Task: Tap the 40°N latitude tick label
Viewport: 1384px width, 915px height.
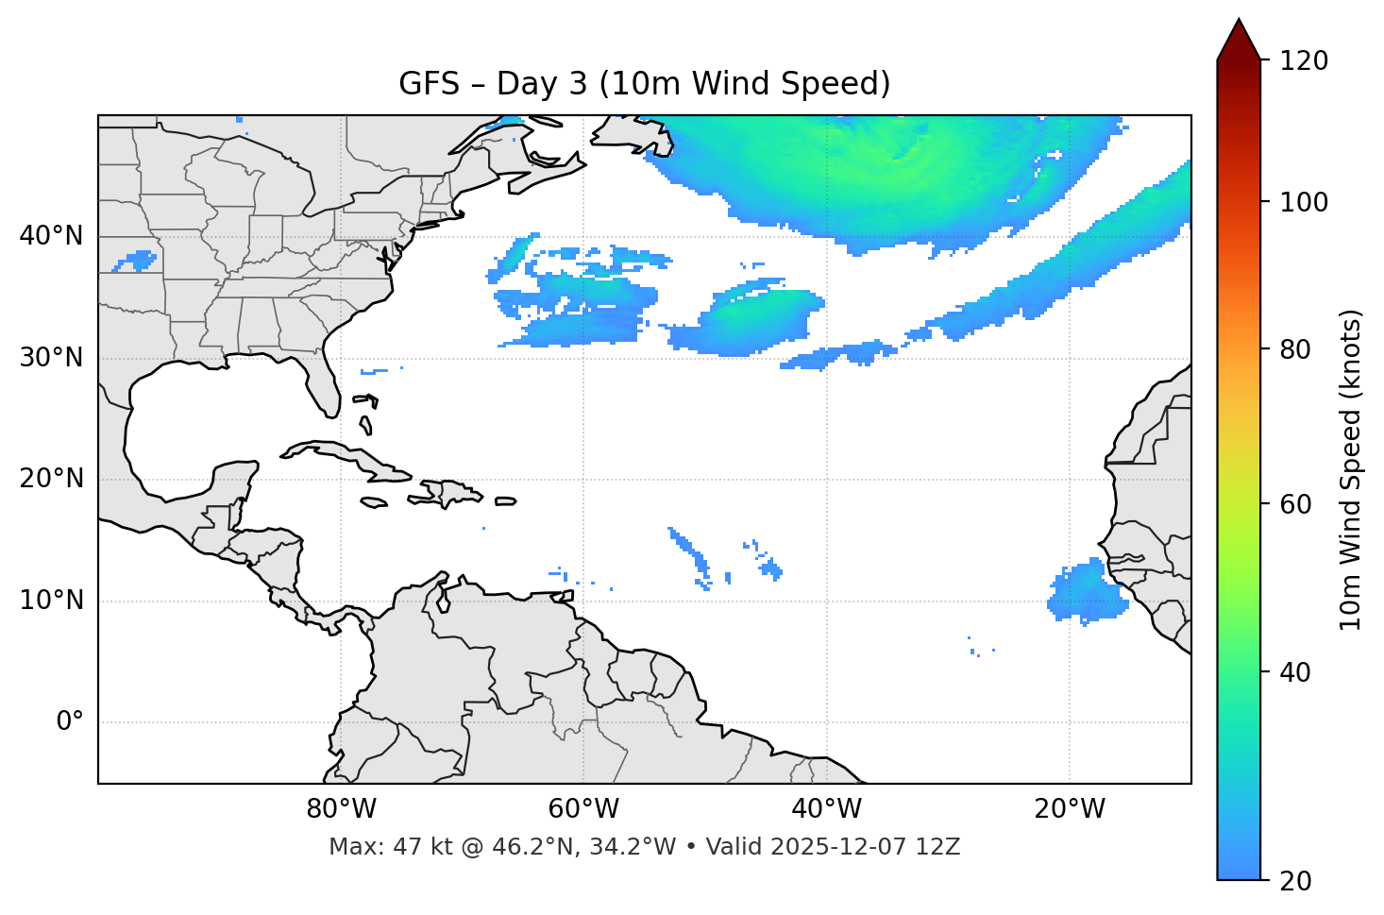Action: pyautogui.click(x=51, y=236)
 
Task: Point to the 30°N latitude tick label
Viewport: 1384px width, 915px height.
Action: pyautogui.click(x=51, y=358)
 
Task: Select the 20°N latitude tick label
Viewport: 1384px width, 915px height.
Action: pyautogui.click(x=51, y=479)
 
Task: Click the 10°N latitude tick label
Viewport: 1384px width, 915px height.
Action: pyautogui.click(x=51, y=601)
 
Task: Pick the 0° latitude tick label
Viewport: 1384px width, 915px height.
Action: pyautogui.click(x=70, y=722)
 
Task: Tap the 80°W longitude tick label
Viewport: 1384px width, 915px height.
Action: pyautogui.click(x=341, y=809)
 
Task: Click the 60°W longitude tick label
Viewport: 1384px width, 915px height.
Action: pyautogui.click(x=583, y=809)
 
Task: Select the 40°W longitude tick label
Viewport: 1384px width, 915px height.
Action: pyautogui.click(x=826, y=809)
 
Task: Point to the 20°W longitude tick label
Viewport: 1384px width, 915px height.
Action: pyautogui.click(x=1069, y=809)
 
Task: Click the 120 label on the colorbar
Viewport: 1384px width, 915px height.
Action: pyautogui.click(x=1304, y=61)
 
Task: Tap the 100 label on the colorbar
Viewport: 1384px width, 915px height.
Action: pyautogui.click(x=1304, y=202)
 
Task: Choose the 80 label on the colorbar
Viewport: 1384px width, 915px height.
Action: pyautogui.click(x=1295, y=349)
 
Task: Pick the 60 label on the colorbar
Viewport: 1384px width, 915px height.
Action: pyautogui.click(x=1295, y=504)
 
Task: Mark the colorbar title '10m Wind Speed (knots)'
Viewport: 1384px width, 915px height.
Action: pyautogui.click(x=1351, y=469)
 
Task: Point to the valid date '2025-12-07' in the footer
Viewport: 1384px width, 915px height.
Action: pyautogui.click(x=827, y=847)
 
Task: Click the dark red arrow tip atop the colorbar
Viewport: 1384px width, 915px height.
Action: pyautogui.click(x=1239, y=38)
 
